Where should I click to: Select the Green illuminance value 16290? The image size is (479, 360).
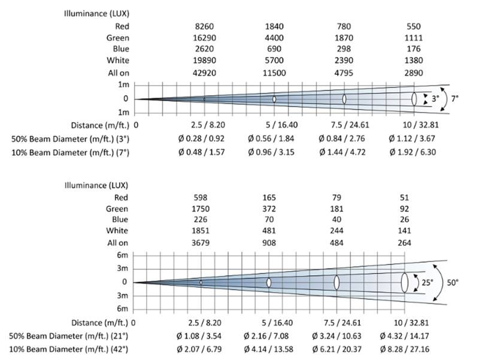point(204,38)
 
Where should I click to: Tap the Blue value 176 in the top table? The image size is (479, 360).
point(414,49)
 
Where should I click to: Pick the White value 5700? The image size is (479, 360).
point(274,61)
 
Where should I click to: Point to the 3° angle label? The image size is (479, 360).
point(435,98)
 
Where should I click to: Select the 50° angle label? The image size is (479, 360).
point(454,282)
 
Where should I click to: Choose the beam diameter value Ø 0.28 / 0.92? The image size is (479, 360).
point(204,138)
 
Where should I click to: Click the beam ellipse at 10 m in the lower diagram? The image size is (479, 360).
point(405,282)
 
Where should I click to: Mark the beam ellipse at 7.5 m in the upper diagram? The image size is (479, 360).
point(344,99)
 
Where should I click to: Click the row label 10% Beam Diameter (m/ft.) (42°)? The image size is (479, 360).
point(70,348)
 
